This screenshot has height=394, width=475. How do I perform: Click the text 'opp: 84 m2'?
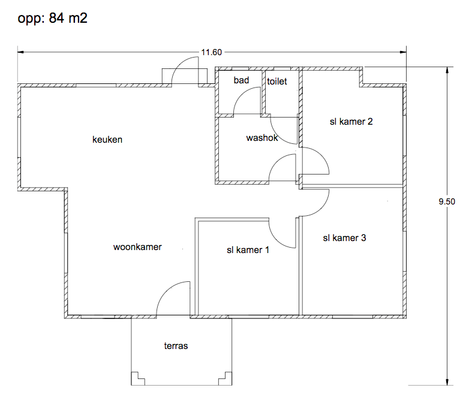[x=52, y=18]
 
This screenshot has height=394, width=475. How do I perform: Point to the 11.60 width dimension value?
[x=212, y=52]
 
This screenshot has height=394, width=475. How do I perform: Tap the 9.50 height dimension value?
[x=447, y=201]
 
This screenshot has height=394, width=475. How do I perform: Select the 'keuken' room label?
[x=107, y=140]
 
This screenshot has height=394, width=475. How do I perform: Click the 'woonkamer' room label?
[x=137, y=247]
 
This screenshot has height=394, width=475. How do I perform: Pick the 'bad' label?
[x=241, y=80]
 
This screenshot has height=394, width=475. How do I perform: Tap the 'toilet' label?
[x=277, y=82]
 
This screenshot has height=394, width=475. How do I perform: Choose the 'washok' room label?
[x=262, y=138]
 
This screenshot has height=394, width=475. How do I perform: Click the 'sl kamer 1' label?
[x=248, y=250]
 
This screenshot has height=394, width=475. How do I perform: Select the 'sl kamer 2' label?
[x=351, y=122]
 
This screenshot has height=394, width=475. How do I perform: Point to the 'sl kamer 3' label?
[x=344, y=238]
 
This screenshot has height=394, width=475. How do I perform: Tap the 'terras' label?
[x=176, y=346]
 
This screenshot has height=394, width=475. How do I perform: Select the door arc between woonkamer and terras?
[x=167, y=288]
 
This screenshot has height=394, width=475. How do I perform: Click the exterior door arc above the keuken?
[x=181, y=64]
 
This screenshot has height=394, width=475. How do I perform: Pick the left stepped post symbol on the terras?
[x=138, y=378]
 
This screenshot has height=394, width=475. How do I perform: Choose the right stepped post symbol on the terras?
[x=226, y=378]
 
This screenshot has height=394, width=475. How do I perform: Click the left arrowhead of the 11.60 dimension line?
[x=20, y=52]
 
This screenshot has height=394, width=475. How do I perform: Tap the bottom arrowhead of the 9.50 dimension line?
[x=447, y=382]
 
